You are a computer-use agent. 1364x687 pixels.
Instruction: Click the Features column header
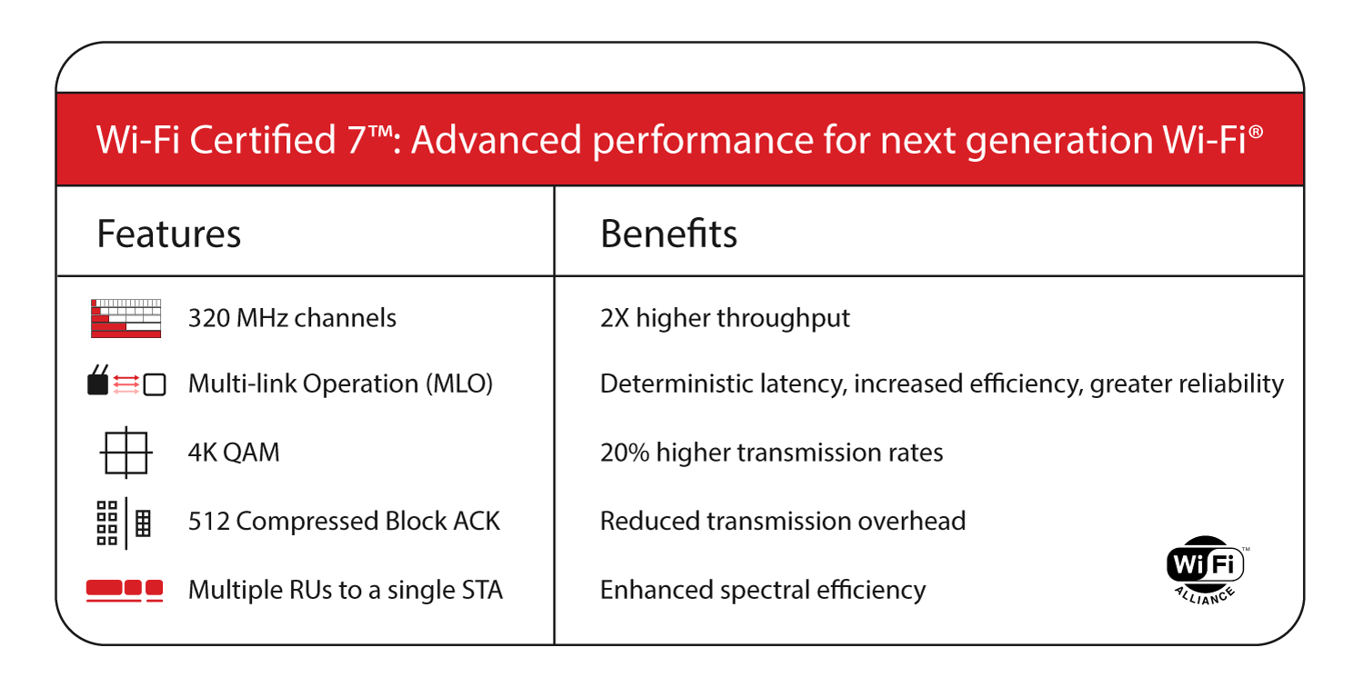[169, 234]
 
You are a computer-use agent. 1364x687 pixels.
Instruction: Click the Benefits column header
[668, 234]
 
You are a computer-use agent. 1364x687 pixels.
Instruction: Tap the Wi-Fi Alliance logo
[1205, 568]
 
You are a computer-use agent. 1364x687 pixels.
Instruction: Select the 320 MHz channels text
[292, 318]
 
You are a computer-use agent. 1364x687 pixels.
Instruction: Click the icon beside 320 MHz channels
[125, 318]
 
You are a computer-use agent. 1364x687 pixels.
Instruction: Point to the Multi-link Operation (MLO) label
[340, 383]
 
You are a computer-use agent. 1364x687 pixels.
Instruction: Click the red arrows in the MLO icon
[126, 385]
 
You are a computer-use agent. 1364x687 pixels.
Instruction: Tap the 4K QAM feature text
[234, 453]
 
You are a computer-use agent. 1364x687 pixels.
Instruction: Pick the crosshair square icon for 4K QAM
[125, 452]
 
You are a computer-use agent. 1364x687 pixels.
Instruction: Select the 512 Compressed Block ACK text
[344, 521]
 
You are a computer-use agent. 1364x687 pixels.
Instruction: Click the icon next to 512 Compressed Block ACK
[124, 523]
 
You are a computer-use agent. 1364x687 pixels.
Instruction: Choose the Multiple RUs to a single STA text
[345, 590]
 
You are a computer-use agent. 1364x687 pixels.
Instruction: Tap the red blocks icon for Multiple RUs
[125, 590]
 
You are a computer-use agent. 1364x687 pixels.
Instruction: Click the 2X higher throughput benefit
[725, 318]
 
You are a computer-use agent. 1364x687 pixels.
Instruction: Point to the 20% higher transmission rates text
[771, 453]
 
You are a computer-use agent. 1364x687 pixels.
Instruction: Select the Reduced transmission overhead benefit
[782, 521]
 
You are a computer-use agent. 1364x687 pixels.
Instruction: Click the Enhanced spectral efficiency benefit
[762, 590]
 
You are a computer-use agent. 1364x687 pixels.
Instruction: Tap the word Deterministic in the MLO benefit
[664, 383]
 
